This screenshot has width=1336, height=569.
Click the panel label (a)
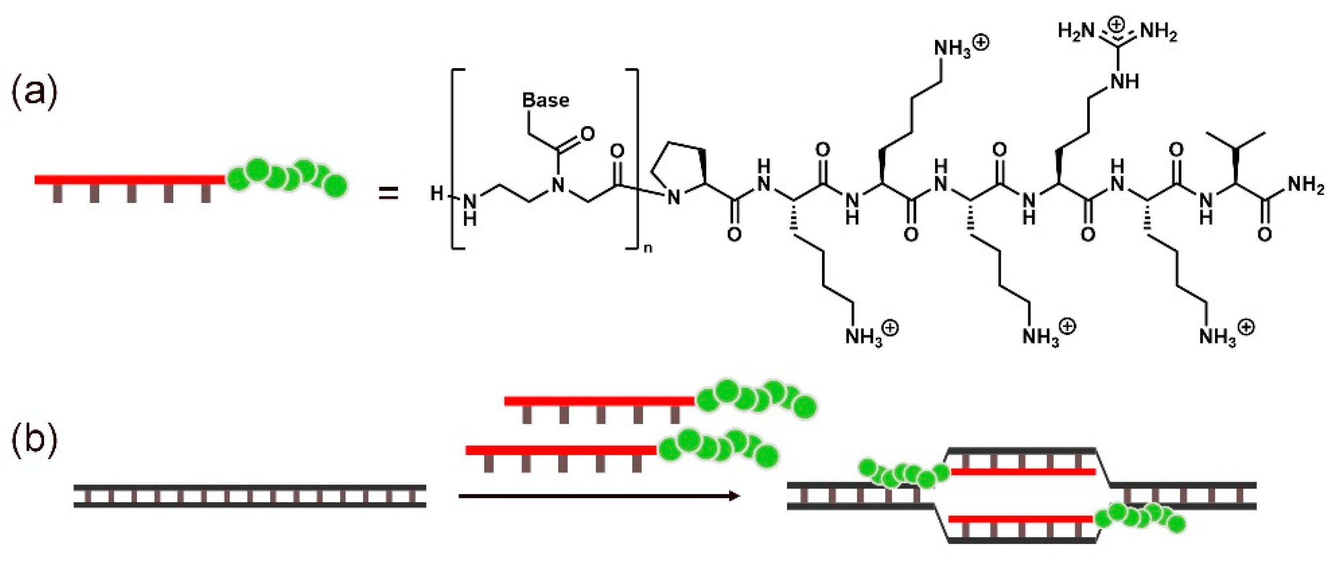tap(34, 92)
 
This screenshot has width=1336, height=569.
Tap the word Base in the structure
tap(545, 100)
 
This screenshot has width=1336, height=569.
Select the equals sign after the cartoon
tap(388, 194)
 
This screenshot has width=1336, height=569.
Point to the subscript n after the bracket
tap(647, 248)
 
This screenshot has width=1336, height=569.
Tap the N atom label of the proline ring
tap(673, 197)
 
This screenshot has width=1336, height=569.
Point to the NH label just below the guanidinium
tap(1124, 81)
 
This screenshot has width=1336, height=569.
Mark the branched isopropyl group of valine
tap(1236, 143)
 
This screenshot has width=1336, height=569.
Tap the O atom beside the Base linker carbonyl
tap(587, 134)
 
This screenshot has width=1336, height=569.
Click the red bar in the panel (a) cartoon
tap(130, 179)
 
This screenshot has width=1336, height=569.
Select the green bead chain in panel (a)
tap(287, 176)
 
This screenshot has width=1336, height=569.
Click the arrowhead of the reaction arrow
tap(734, 496)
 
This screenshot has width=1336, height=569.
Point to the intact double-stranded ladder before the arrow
tap(249, 496)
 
